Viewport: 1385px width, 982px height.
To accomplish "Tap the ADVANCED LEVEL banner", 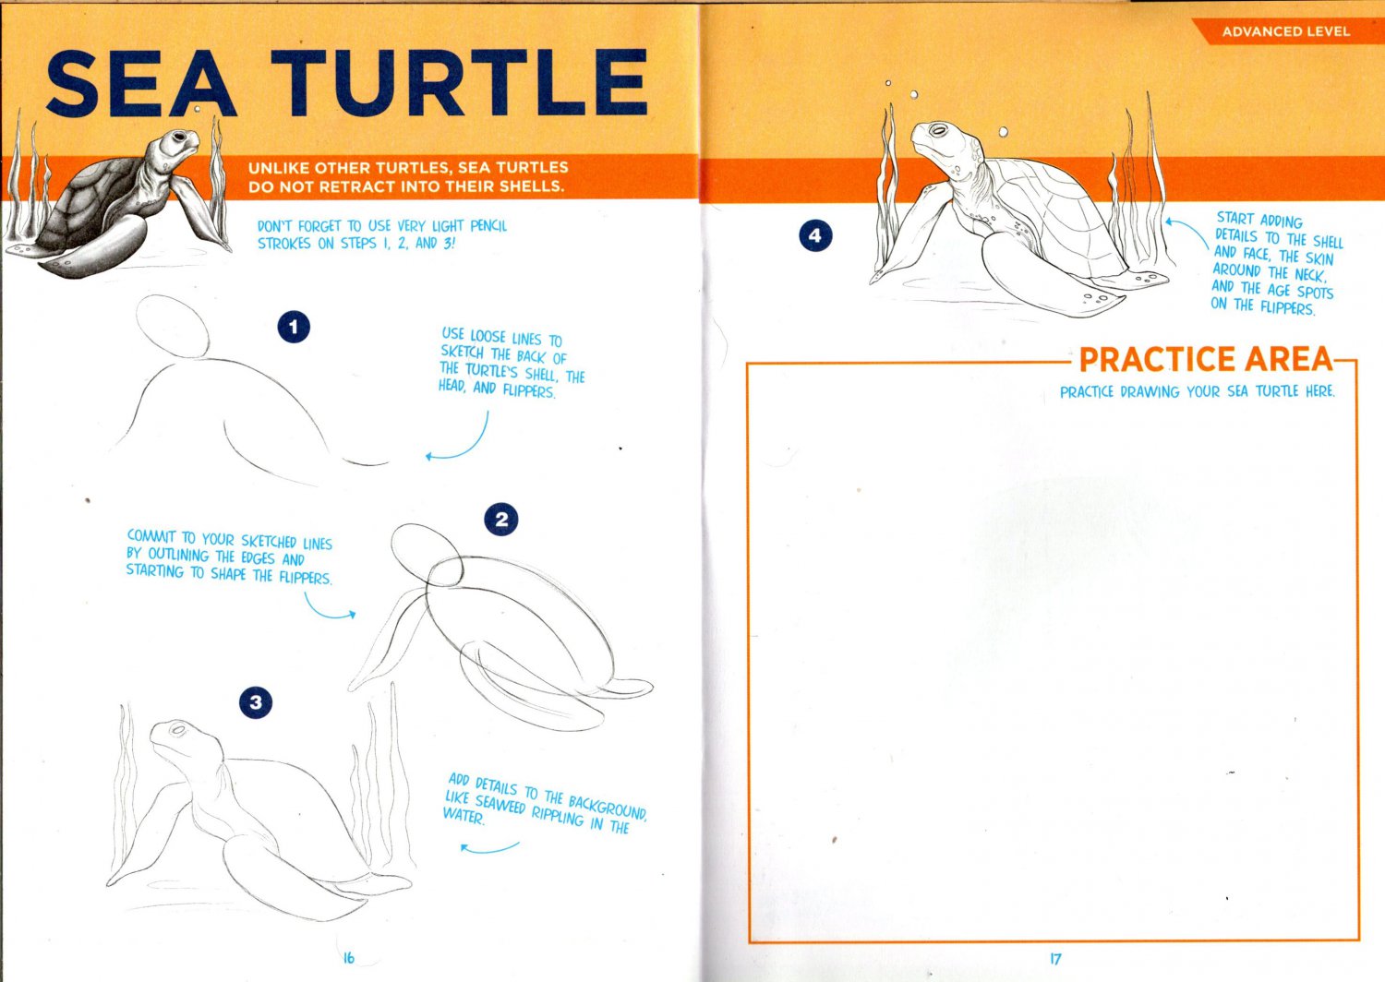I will [x=1285, y=31].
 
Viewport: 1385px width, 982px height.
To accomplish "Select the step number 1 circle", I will [x=294, y=327].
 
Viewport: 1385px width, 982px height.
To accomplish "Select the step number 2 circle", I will [x=500, y=520].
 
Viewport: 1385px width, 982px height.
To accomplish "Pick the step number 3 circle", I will [x=256, y=702].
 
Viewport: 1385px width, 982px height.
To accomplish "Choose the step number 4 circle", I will [x=814, y=235].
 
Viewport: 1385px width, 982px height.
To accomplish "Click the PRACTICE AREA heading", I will [x=1206, y=359].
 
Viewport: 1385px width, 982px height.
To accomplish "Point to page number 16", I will [x=348, y=958].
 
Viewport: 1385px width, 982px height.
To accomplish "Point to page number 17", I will [x=1055, y=959].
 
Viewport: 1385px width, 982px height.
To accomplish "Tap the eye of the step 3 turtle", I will [x=176, y=731].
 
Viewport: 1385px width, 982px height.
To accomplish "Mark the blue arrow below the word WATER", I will [x=488, y=847].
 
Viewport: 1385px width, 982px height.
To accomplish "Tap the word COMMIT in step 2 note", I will [x=152, y=536].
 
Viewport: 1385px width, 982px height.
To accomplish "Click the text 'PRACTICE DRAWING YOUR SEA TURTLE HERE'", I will [x=1197, y=391].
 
